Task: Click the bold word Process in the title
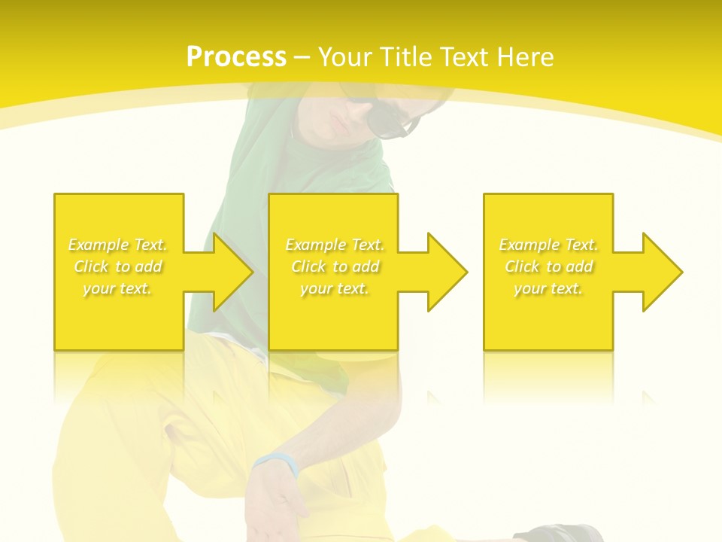236,57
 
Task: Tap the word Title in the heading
407,57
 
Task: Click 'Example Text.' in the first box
117,245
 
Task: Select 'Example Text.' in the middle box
335,245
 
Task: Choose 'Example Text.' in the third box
548,245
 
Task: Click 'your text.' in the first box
117,288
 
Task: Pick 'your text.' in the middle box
335,288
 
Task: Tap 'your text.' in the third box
548,288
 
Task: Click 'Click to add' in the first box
117,266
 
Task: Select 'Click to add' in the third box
548,266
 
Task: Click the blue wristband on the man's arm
276,462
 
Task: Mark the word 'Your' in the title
344,57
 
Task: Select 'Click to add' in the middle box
335,266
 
